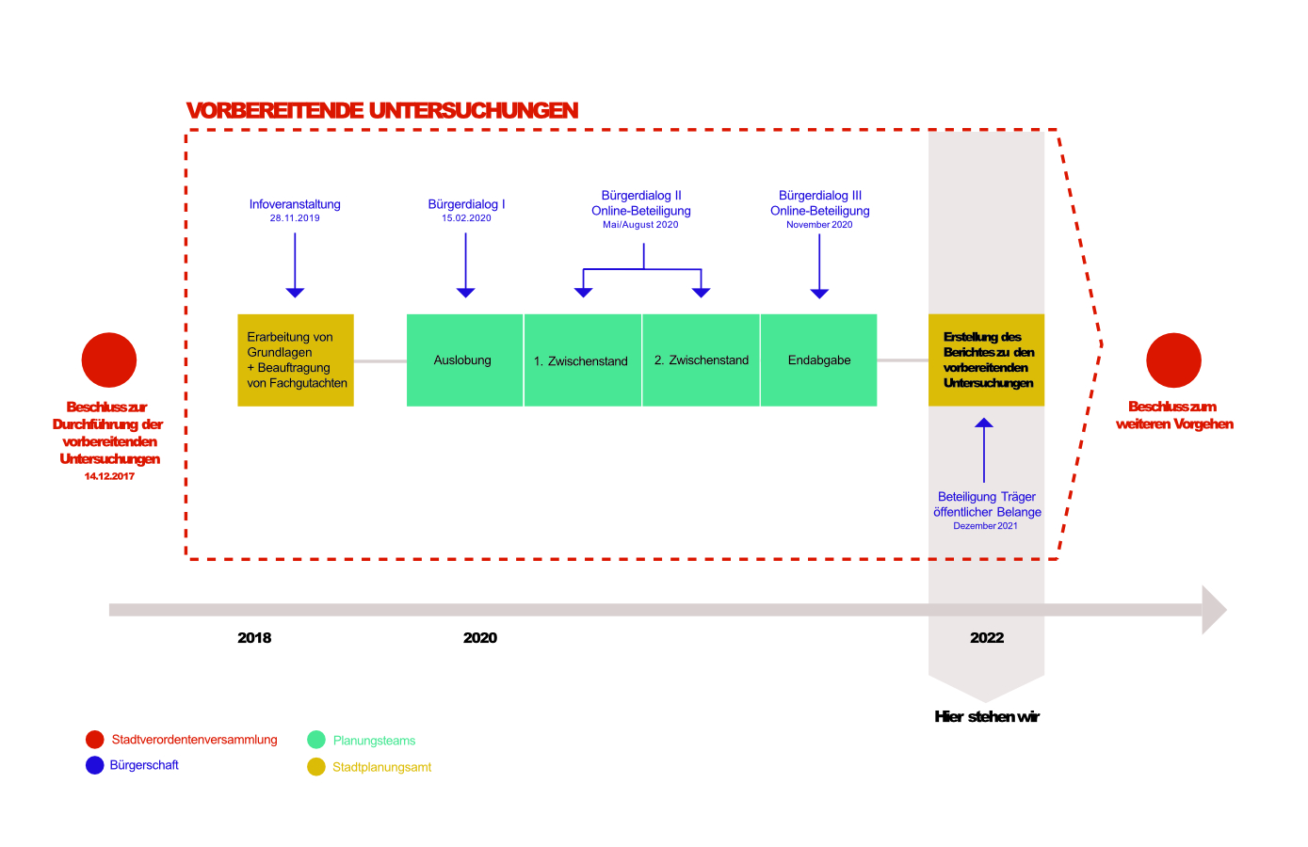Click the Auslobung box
[464, 360]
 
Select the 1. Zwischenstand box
[582, 360]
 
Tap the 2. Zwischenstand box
[701, 360]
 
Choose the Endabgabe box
[818, 360]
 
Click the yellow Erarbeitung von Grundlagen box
[296, 360]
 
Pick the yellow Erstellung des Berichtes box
[986, 360]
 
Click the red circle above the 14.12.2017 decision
[109, 360]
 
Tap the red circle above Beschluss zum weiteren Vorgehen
[1173, 360]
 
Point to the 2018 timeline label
[254, 638]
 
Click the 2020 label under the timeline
[480, 638]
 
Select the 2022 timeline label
[987, 638]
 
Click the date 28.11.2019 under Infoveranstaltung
[295, 218]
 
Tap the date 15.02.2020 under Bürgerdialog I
[466, 218]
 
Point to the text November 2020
[819, 225]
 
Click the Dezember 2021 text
[985, 526]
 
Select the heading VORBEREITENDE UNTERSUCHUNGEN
[382, 111]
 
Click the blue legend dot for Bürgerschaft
[94, 765]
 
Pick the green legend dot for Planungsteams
[316, 740]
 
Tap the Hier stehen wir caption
[987, 717]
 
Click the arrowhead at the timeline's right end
[1214, 610]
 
